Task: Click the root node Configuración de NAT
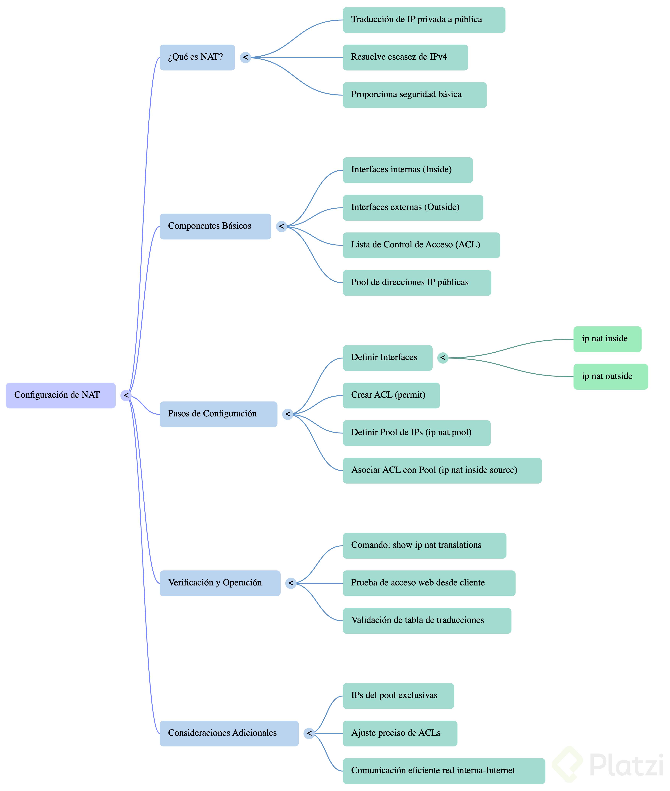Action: point(61,395)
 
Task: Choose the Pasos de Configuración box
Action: point(218,414)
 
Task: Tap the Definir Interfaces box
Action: point(387,358)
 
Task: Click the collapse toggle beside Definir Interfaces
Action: point(443,358)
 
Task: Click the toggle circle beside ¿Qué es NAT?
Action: point(245,57)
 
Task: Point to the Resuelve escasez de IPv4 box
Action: point(405,57)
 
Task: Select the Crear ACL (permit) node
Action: point(391,395)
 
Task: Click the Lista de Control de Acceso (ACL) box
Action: point(421,245)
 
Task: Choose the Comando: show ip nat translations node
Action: point(424,546)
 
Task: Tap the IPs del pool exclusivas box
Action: point(398,696)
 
